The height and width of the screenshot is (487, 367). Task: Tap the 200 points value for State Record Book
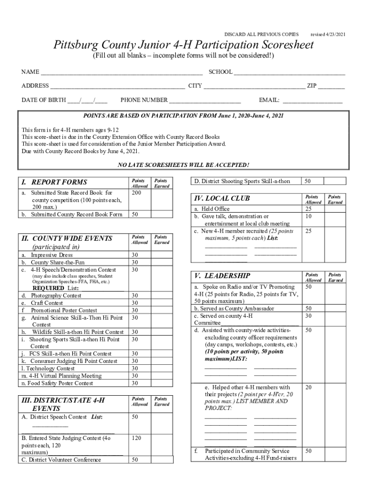(x=136, y=193)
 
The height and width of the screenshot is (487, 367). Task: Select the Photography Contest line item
(x=56, y=295)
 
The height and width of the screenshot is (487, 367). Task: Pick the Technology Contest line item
(x=48, y=368)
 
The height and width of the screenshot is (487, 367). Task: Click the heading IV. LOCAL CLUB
(x=221, y=198)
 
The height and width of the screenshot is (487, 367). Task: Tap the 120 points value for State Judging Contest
(x=136, y=438)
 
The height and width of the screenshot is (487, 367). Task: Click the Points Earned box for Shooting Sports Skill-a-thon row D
(x=335, y=181)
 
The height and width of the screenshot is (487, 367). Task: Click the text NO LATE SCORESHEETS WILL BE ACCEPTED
(x=183, y=165)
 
